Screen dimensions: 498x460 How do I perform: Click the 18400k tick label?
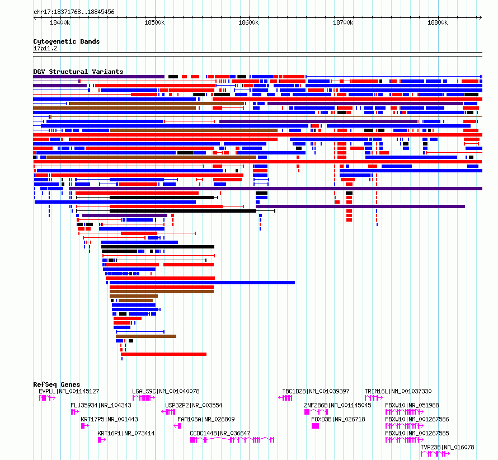(60, 22)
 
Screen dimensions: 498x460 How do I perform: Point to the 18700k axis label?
(343, 22)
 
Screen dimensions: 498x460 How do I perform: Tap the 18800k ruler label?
(438, 22)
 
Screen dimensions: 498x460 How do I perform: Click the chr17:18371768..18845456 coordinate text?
(74, 12)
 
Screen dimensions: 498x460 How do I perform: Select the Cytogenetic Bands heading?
(67, 41)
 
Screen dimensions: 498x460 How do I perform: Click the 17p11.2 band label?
(45, 48)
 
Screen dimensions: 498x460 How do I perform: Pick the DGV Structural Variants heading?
(78, 72)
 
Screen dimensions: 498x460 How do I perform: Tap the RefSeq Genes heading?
(57, 384)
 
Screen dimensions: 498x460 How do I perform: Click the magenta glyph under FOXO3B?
(315, 426)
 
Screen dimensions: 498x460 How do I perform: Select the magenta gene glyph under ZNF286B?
(316, 412)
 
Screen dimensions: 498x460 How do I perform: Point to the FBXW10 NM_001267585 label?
(417, 433)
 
